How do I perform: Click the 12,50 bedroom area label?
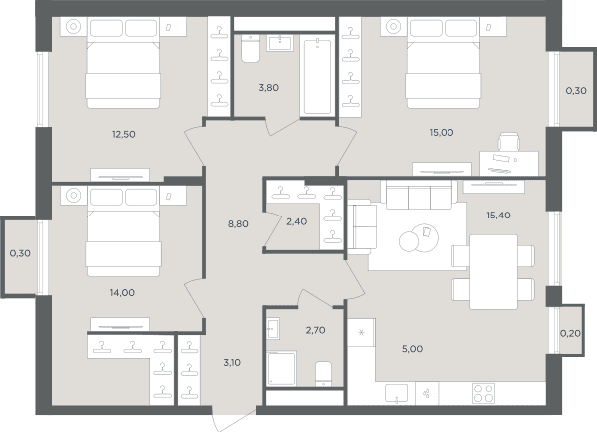[123, 135]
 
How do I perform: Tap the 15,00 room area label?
[442, 133]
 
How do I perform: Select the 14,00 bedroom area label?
[122, 293]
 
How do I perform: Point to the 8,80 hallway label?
[238, 224]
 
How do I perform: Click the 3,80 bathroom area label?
[269, 88]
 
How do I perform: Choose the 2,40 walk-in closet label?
[297, 221]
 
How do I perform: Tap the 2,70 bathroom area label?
[315, 330]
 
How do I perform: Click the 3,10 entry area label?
[232, 363]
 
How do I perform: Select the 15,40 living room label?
[498, 216]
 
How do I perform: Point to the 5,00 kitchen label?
[412, 349]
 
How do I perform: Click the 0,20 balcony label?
[570, 334]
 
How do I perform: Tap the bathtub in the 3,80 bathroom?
[317, 76]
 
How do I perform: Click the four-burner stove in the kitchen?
[484, 393]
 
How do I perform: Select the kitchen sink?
[396, 393]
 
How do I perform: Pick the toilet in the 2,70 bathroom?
[323, 374]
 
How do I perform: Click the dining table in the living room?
[493, 272]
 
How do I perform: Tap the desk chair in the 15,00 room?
[509, 142]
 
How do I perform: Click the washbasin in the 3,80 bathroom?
[280, 43]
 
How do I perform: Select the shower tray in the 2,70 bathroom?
[281, 368]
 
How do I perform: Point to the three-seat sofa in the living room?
[419, 195]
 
